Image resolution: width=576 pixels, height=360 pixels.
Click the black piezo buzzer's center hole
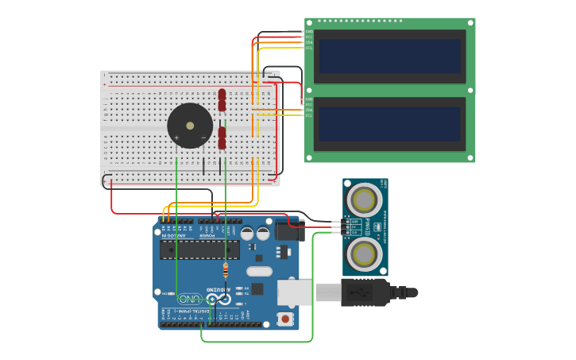click(190, 125)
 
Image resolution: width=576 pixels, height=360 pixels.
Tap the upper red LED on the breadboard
click(222, 99)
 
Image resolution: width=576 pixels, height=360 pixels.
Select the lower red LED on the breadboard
click(222, 137)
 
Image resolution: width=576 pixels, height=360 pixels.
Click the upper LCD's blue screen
click(389, 56)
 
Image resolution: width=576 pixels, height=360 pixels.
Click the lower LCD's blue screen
click(389, 124)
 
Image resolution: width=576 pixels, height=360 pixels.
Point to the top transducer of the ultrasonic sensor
click(365, 198)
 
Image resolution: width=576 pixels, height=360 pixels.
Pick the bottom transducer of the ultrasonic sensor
click(365, 254)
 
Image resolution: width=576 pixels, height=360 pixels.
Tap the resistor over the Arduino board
click(226, 270)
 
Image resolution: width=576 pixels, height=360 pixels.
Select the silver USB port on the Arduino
click(294, 292)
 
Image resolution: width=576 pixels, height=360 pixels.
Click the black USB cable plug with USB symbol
click(365, 292)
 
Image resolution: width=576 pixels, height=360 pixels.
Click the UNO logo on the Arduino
click(190, 299)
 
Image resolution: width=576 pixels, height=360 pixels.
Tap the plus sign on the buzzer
click(176, 137)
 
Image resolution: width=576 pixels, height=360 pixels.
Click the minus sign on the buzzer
click(203, 137)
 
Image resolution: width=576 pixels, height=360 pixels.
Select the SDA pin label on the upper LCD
click(308, 41)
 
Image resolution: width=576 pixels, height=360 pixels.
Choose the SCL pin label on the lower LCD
click(308, 114)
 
